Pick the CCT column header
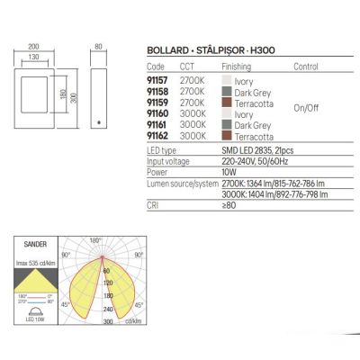188,67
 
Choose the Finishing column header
230,67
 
